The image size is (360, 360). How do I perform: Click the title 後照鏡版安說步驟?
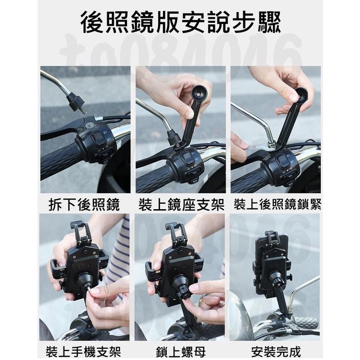coord(180,21)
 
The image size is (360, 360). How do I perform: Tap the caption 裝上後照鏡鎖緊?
coord(277,205)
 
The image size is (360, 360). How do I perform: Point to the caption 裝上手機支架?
coord(84,352)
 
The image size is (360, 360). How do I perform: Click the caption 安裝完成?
coord(276,352)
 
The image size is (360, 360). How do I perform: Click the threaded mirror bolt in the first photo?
coord(76,104)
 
